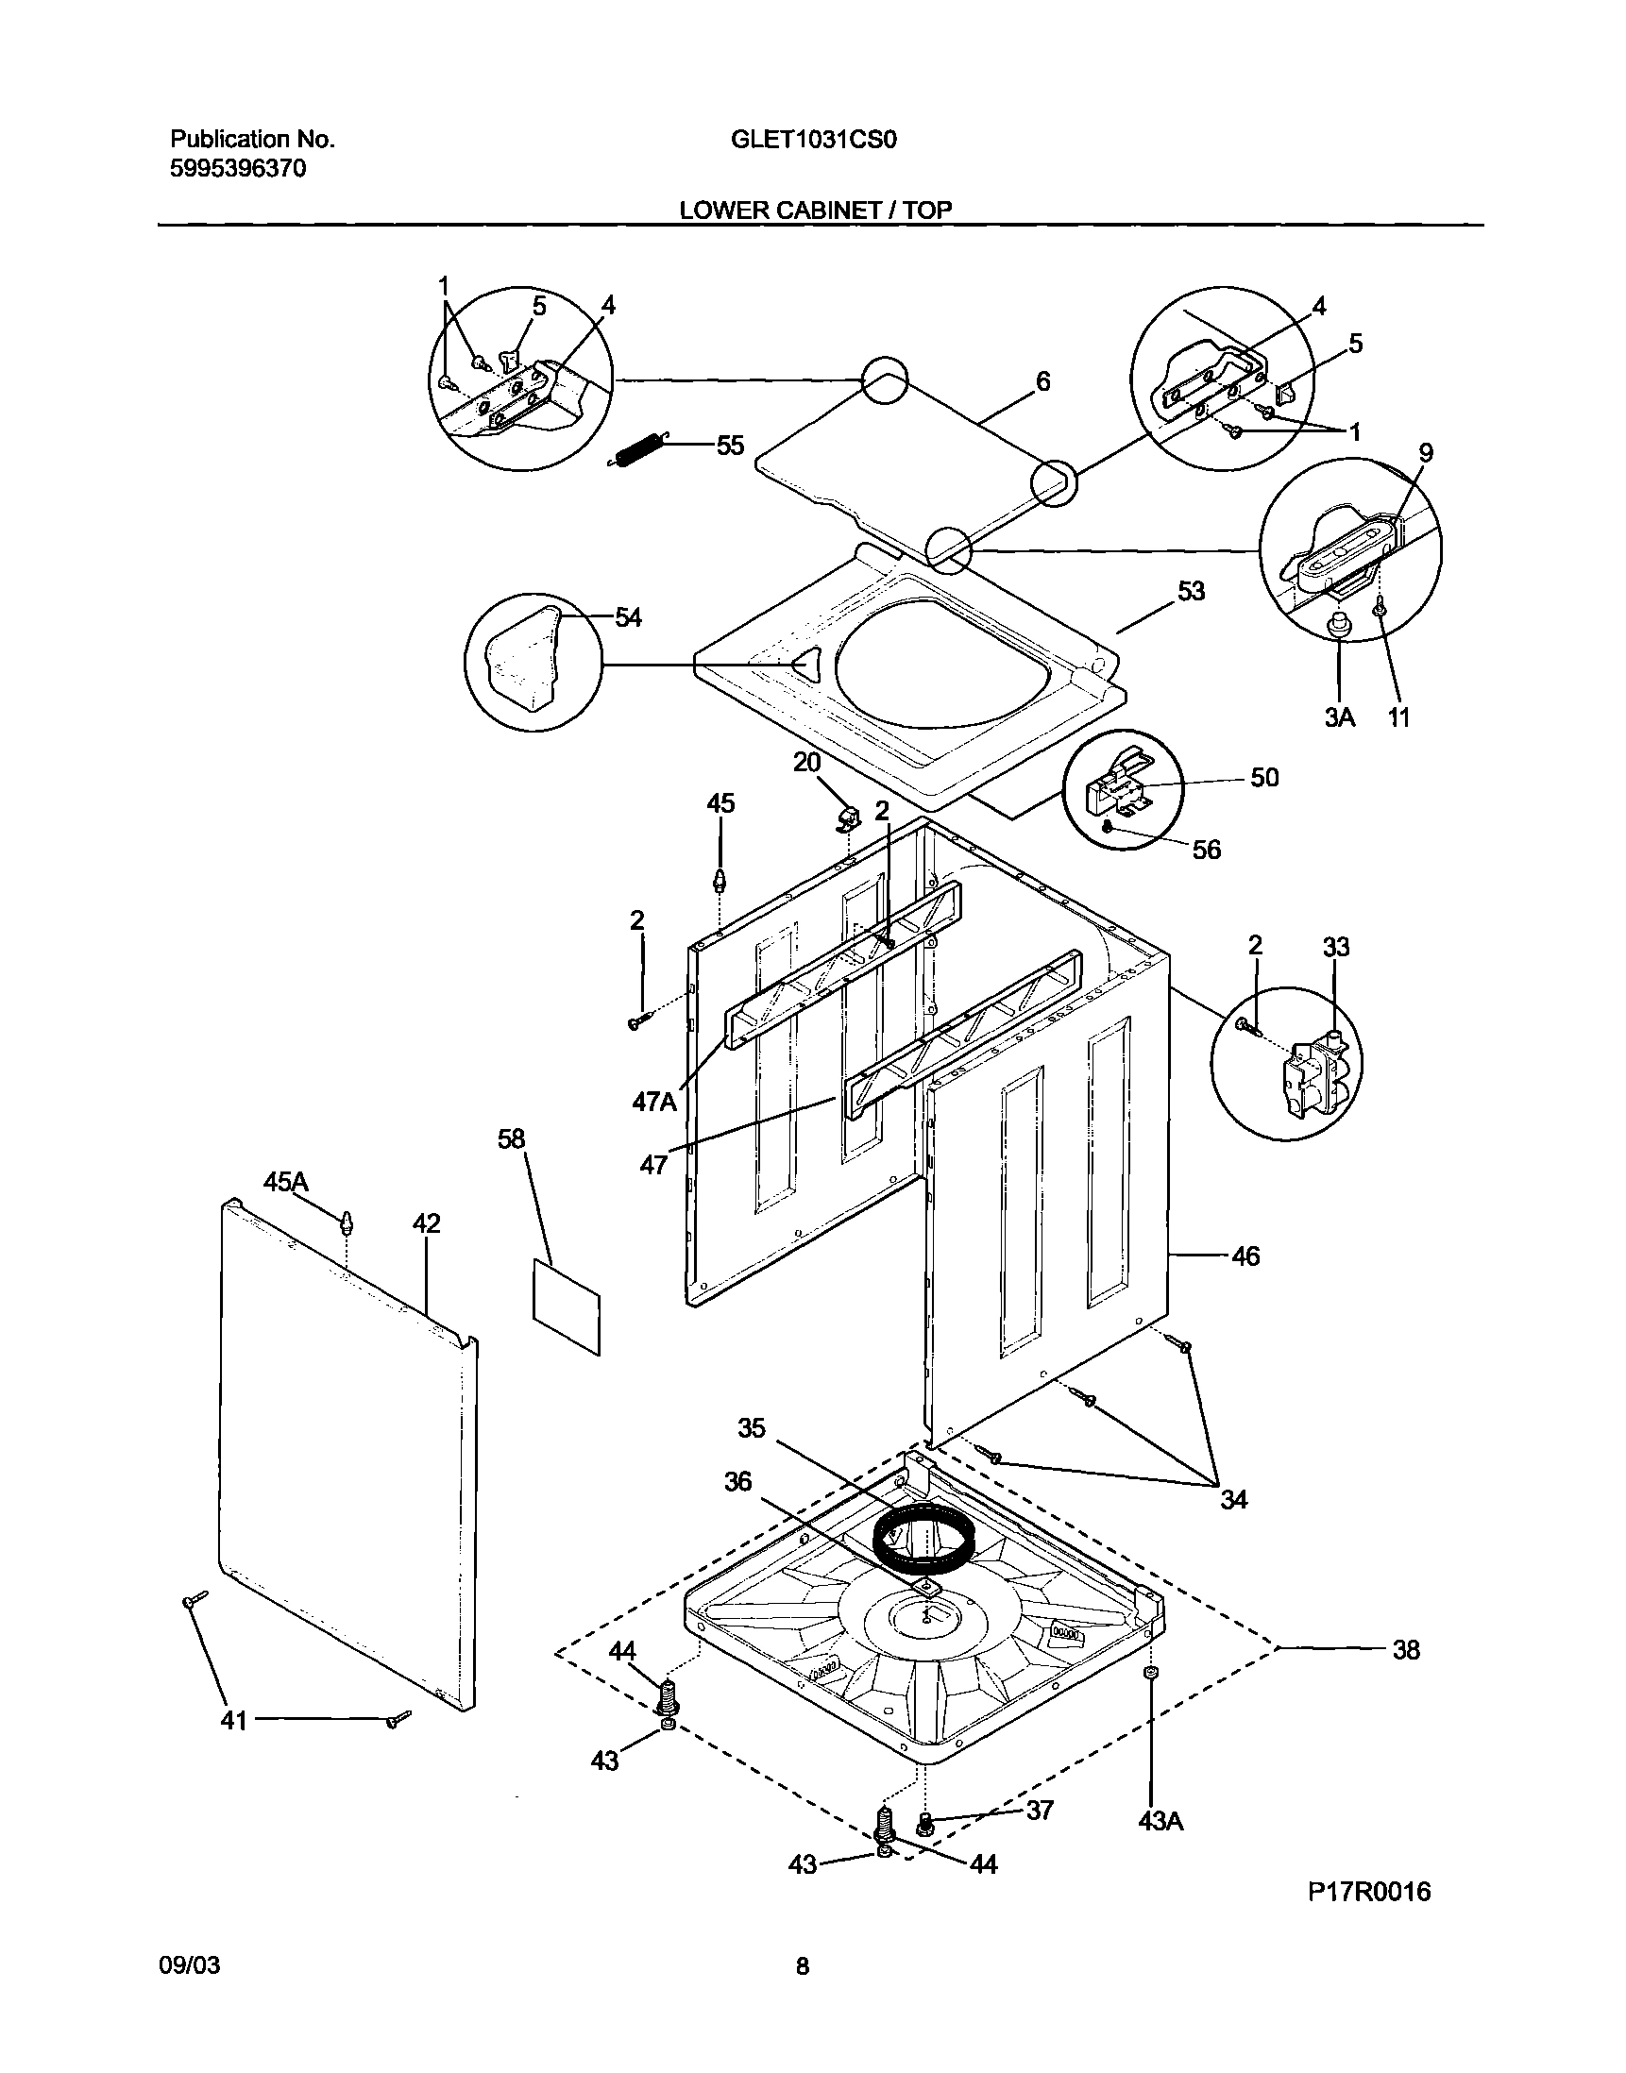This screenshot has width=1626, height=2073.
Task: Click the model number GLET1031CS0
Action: [x=814, y=140]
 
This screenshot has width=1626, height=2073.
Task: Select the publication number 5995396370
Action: [x=238, y=170]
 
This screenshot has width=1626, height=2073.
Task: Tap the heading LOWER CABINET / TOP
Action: [x=815, y=211]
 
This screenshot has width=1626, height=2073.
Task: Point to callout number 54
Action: [x=627, y=617]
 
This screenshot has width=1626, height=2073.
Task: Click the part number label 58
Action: [x=511, y=1139]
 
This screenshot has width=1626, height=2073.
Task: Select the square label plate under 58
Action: [x=567, y=1306]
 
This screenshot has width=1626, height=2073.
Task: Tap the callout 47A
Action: [x=655, y=1103]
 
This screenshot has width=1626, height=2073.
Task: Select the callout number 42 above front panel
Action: [x=426, y=1224]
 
